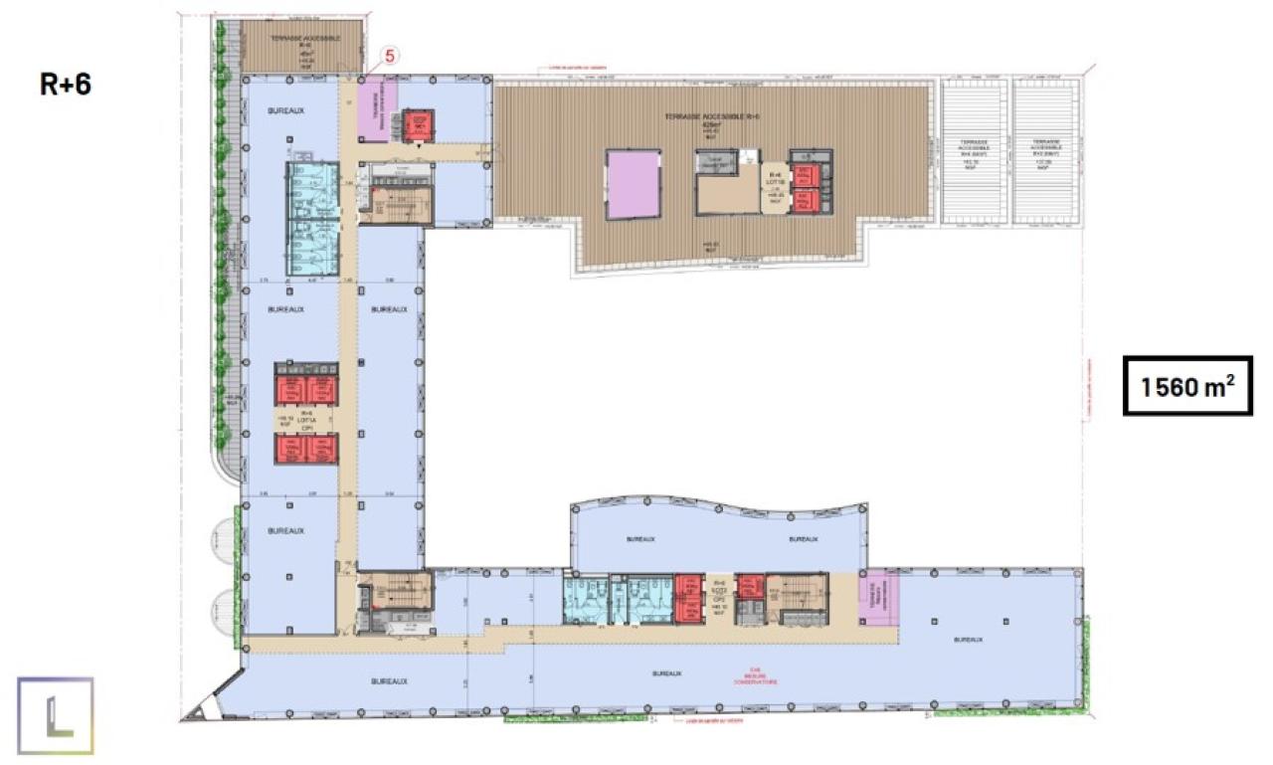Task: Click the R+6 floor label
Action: pyautogui.click(x=66, y=85)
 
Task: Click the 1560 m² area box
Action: pyautogui.click(x=1187, y=385)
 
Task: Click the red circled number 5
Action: pyautogui.click(x=390, y=57)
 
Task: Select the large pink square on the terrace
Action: pyautogui.click(x=633, y=183)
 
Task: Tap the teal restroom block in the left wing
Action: pyautogui.click(x=312, y=220)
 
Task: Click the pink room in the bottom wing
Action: pyautogui.click(x=879, y=598)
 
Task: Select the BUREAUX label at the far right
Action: pyautogui.click(x=967, y=640)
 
